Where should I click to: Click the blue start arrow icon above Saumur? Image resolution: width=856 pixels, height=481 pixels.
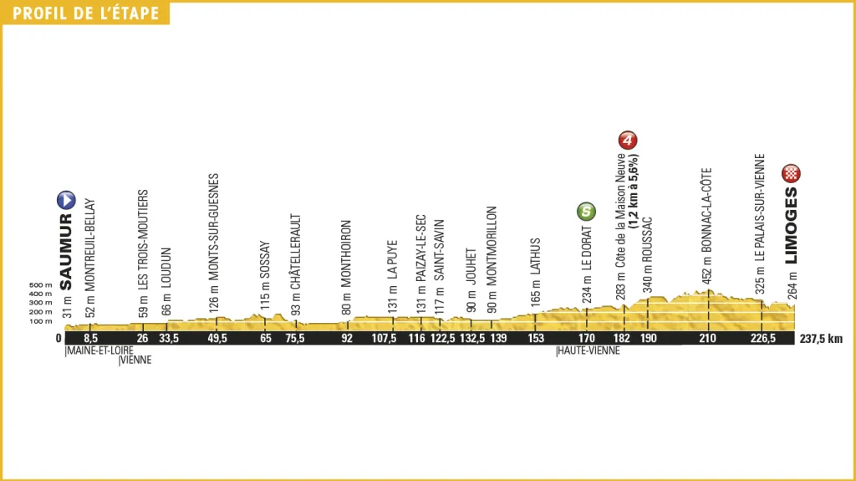pos(66,200)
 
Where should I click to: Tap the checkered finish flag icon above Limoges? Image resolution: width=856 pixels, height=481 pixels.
pos(791,174)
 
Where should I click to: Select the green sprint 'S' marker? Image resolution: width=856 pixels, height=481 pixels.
pos(588,212)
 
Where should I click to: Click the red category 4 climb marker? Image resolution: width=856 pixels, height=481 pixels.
pos(628,140)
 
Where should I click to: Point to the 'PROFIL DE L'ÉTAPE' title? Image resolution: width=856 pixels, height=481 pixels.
pos(85,13)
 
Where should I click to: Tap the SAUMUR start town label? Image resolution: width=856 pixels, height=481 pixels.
pos(66,251)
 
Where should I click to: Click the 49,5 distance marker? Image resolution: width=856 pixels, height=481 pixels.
pos(217,339)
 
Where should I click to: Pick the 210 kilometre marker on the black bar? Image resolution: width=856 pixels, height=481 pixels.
pos(709,339)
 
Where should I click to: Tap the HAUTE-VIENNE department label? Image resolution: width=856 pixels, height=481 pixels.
pos(588,351)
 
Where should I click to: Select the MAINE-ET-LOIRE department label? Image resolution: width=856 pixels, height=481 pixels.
pos(94,351)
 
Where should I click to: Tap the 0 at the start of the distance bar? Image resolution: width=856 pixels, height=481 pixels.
pos(59,339)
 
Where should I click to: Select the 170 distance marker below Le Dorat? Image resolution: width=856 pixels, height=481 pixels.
pos(588,339)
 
